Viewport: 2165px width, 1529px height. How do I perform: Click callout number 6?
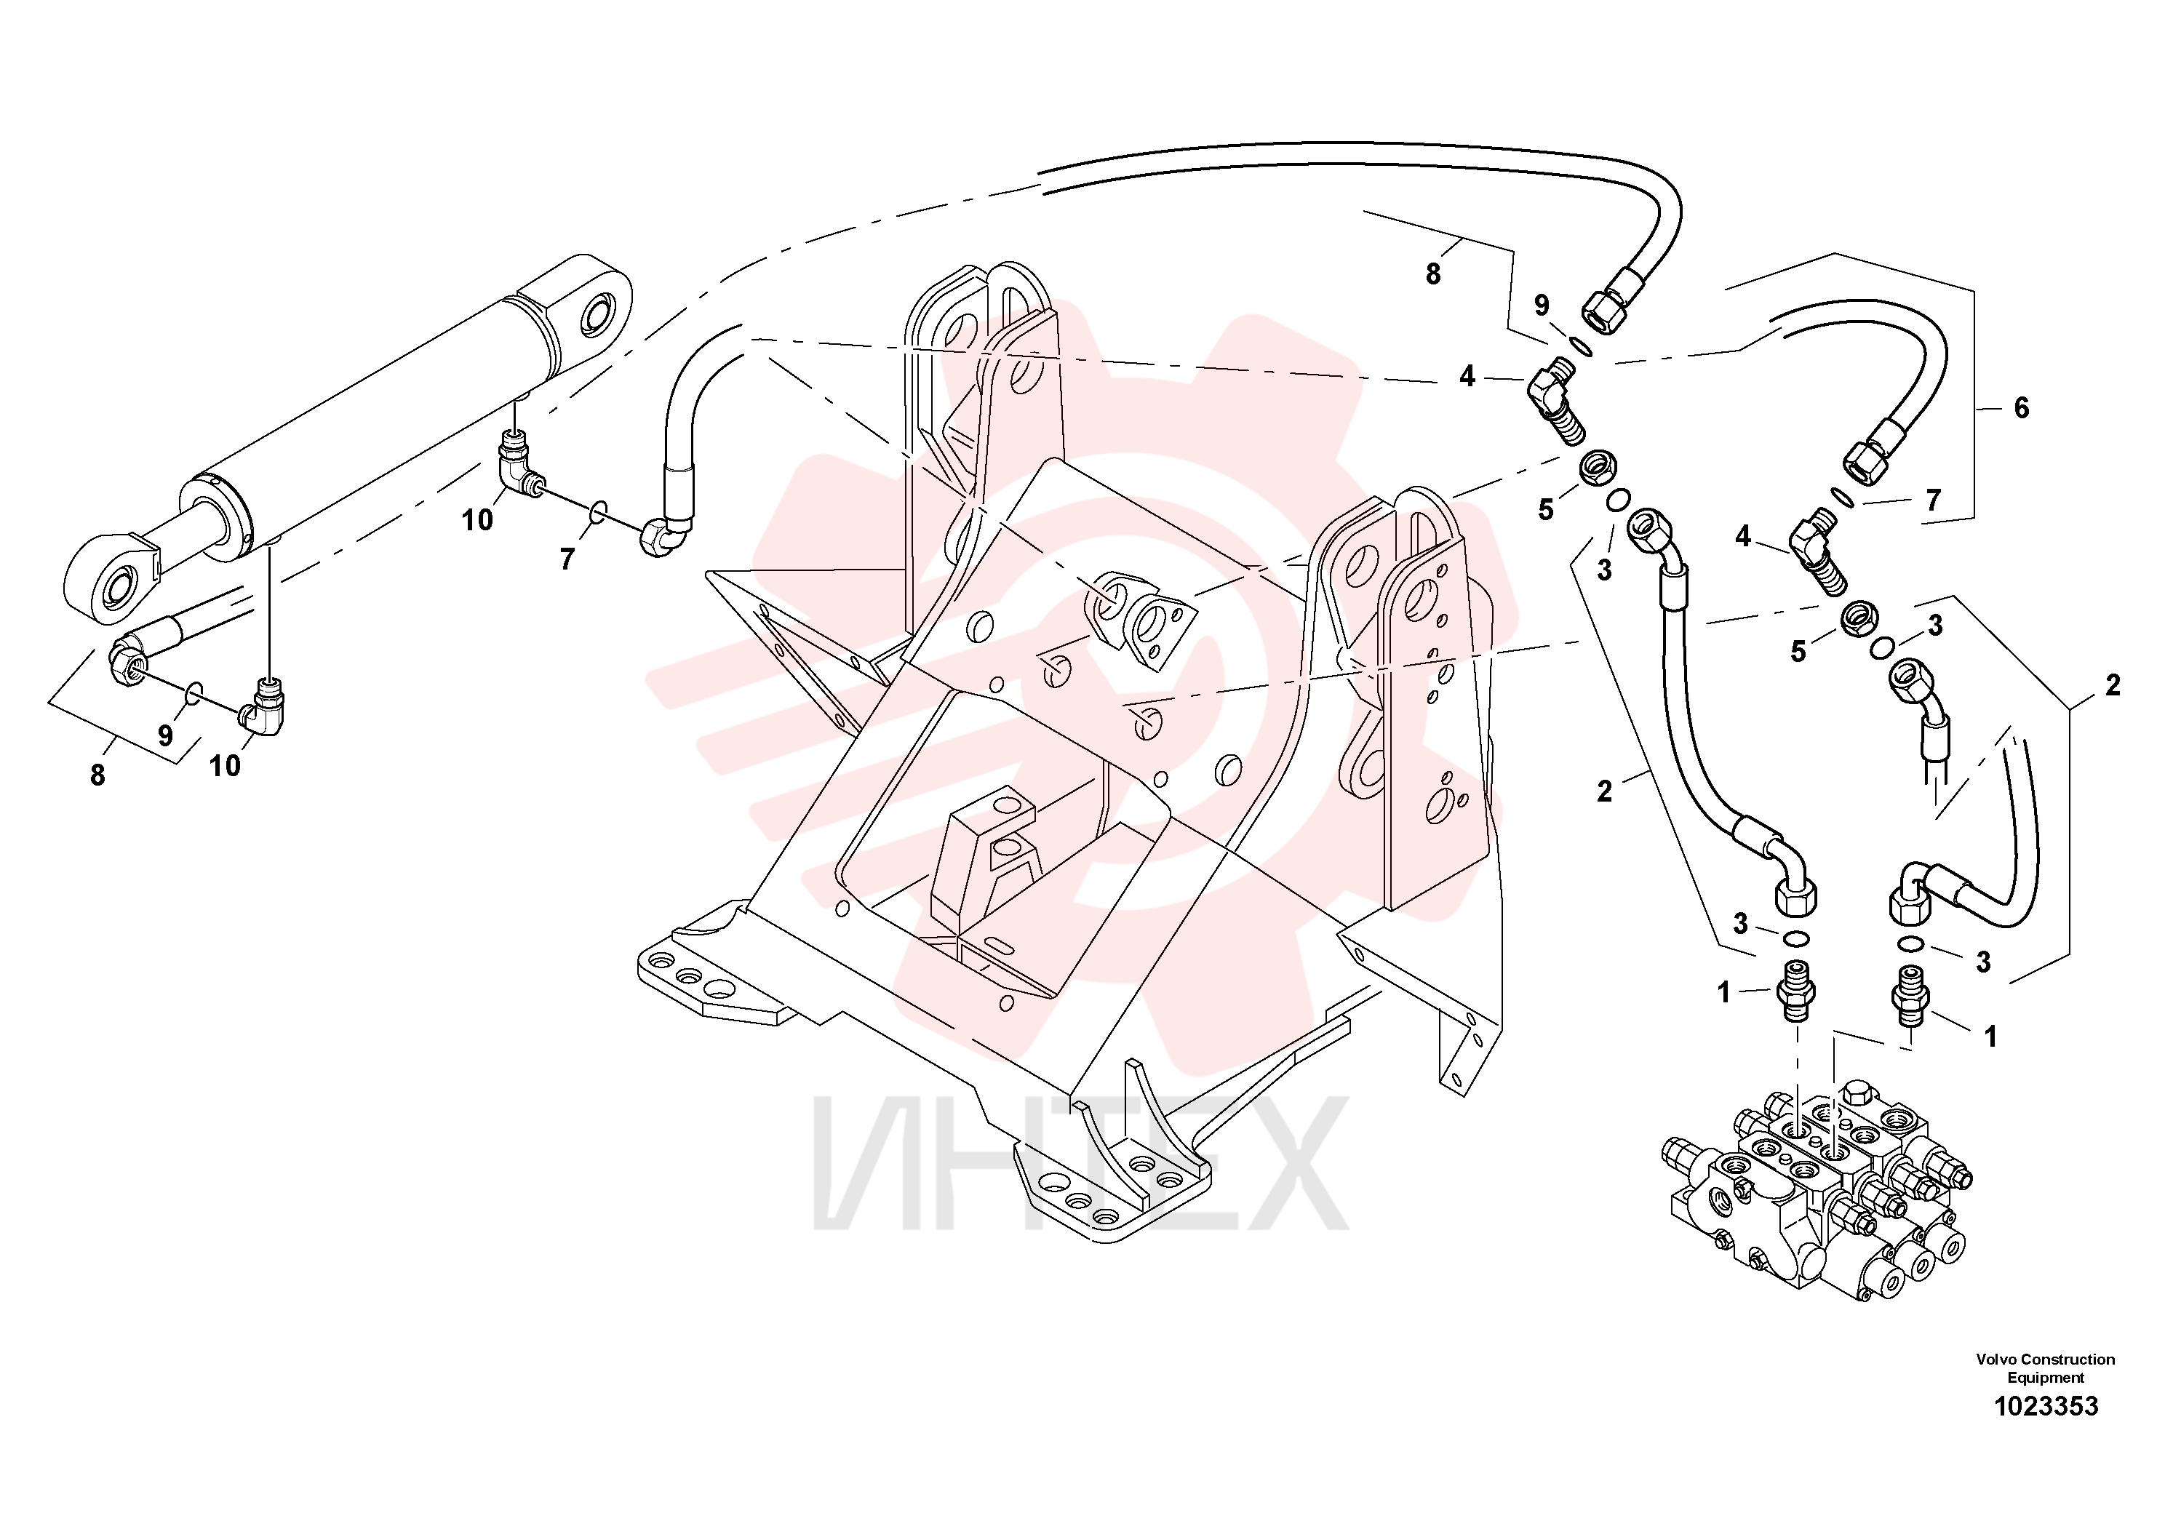2021,408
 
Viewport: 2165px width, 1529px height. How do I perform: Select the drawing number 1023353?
2046,1408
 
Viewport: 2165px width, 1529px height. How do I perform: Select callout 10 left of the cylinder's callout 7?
477,519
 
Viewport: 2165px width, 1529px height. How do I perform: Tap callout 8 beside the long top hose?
1433,274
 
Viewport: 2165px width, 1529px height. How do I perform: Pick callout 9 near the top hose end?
1542,306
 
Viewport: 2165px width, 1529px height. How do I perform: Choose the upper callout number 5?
1545,510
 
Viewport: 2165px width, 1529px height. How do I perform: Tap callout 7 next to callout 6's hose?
1933,500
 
